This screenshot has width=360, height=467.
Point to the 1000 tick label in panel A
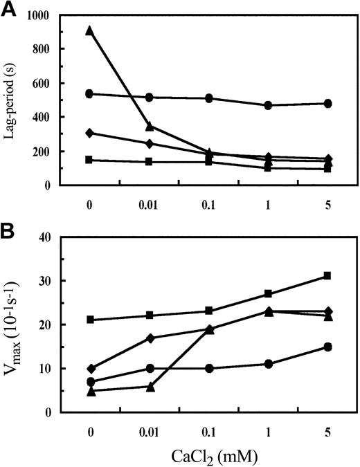pos(46,15)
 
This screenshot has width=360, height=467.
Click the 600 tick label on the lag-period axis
pos(50,83)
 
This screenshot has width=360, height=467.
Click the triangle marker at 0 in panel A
pos(89,30)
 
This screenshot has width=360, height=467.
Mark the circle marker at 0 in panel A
pos(89,93)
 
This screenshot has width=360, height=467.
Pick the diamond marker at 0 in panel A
pos(89,133)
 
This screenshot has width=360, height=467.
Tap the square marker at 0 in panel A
pos(89,160)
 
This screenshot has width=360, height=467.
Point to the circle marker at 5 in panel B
pos(327,347)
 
